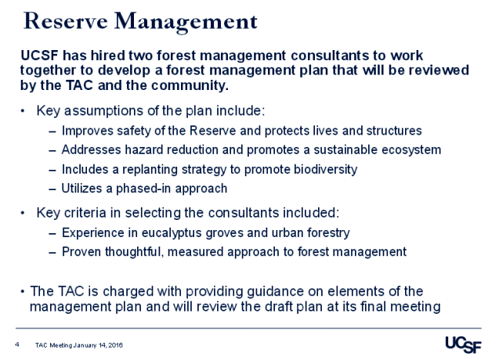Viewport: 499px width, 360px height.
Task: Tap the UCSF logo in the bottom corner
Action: tap(463, 344)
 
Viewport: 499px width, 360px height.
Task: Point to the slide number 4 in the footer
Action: tap(16, 344)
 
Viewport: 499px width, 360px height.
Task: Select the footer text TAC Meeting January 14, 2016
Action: tap(79, 344)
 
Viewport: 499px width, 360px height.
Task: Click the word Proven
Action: tap(81, 251)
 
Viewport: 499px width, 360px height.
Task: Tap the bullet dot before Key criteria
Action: tap(23, 212)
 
